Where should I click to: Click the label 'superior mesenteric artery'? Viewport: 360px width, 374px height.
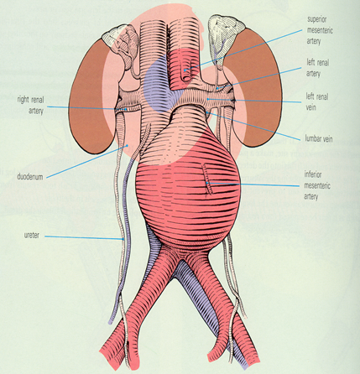click(x=320, y=30)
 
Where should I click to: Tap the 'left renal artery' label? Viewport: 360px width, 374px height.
click(x=318, y=68)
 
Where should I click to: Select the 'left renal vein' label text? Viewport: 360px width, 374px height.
click(x=317, y=101)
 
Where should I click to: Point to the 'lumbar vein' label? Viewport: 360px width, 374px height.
click(x=319, y=138)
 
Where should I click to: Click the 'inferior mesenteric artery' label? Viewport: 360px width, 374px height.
click(x=317, y=185)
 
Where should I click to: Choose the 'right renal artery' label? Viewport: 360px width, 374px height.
click(x=30, y=106)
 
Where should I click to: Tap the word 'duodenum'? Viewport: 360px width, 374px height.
click(x=30, y=177)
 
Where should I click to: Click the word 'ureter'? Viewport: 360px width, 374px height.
click(x=31, y=236)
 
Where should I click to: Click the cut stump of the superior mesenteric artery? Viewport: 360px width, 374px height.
click(x=186, y=74)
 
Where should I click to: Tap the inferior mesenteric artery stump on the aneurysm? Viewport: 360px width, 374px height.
click(x=208, y=179)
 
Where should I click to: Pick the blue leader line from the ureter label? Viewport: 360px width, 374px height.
click(x=84, y=237)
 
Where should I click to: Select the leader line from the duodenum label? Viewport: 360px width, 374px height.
click(x=87, y=161)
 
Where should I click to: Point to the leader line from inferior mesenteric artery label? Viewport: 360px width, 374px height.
click(x=253, y=184)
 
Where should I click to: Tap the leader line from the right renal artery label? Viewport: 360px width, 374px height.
click(x=87, y=108)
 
